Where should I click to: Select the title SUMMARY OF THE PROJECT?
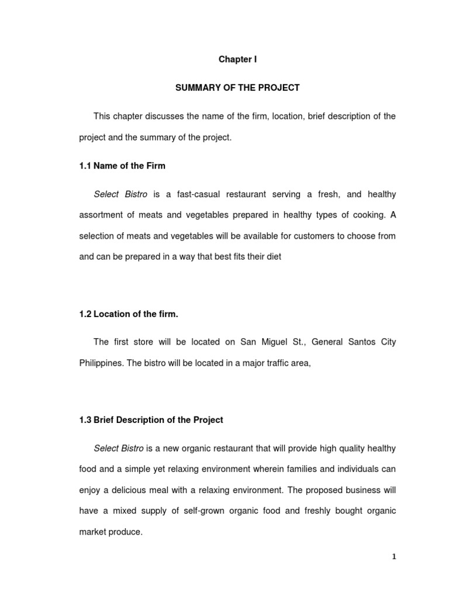point(237,88)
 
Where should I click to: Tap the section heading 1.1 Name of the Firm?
point(122,166)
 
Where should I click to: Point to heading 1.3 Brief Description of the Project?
point(151,420)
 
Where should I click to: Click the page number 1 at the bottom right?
point(394,557)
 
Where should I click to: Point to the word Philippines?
point(101,363)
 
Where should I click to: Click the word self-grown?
point(191,511)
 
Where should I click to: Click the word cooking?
point(368,215)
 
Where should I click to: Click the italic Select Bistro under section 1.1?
point(120,194)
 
